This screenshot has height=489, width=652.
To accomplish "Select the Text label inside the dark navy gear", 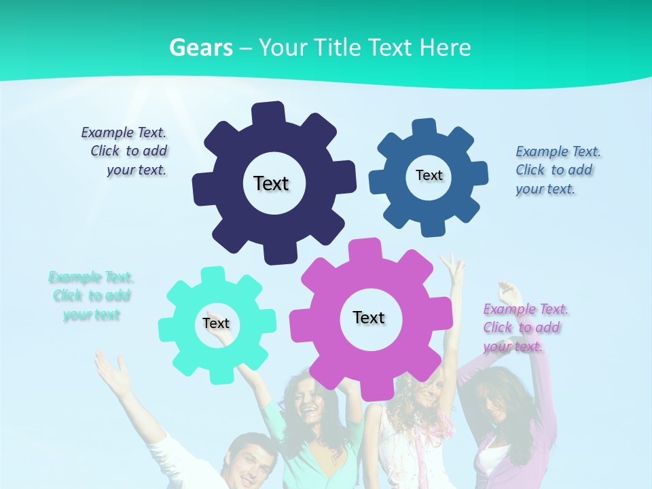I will click(x=271, y=183).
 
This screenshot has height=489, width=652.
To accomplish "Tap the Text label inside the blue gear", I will click(x=429, y=175).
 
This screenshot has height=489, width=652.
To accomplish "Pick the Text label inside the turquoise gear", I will click(x=216, y=323).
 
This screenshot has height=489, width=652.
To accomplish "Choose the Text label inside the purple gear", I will click(x=369, y=317).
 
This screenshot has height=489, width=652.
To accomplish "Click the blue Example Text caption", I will click(x=557, y=170).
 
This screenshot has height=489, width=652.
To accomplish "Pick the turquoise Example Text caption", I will click(x=91, y=295).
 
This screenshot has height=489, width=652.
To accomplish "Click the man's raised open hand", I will click(x=111, y=369).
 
